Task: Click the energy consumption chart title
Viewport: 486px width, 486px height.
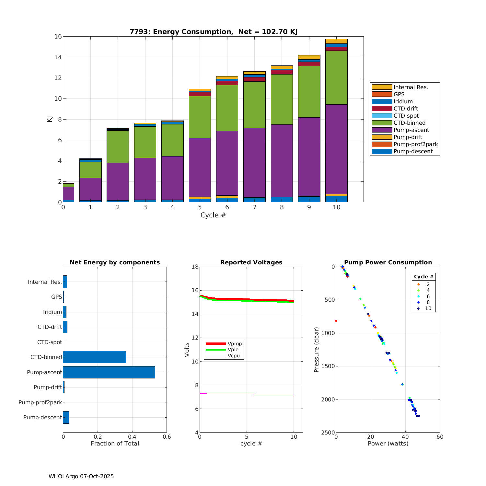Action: (x=214, y=32)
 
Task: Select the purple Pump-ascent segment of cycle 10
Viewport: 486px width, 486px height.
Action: (x=336, y=149)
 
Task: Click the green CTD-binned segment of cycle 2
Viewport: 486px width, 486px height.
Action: (x=118, y=146)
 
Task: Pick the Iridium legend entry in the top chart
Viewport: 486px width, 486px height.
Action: (x=403, y=101)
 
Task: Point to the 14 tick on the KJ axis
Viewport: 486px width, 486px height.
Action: (x=58, y=57)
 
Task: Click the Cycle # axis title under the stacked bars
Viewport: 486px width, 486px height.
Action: (x=213, y=215)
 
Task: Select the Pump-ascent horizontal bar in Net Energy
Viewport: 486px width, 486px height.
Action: (x=109, y=372)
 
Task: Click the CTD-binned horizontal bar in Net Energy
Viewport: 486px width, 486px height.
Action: (x=94, y=357)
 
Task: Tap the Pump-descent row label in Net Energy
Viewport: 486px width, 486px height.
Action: (x=42, y=417)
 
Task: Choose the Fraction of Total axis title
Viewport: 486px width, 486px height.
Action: (x=115, y=444)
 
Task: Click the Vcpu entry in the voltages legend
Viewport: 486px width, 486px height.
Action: (x=234, y=356)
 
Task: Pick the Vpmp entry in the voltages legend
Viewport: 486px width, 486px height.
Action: (x=235, y=343)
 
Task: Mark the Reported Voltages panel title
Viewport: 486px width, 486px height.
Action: (x=251, y=262)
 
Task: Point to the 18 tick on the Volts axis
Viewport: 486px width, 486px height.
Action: (x=195, y=267)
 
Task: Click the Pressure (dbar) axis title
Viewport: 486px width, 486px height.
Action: (x=317, y=350)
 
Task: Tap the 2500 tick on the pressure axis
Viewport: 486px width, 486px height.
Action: (x=328, y=433)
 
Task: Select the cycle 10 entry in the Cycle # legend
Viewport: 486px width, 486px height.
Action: (x=428, y=308)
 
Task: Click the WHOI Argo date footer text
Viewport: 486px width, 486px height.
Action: (x=81, y=476)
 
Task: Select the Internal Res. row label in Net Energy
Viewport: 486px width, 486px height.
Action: (x=45, y=282)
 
